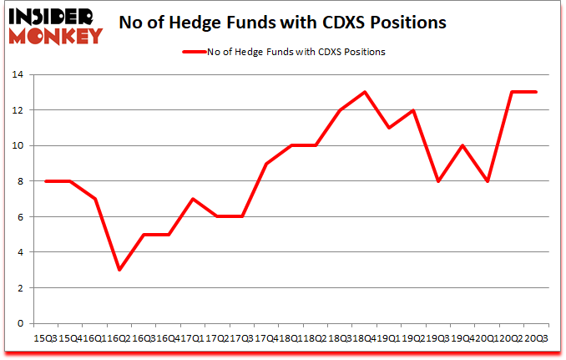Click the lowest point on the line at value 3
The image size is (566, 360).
(x=119, y=270)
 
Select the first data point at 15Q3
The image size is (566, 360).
(x=46, y=181)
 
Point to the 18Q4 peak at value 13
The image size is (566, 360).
(x=364, y=92)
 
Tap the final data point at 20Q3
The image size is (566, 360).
(x=535, y=92)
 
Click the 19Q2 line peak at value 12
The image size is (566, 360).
(x=412, y=110)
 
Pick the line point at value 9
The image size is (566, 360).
(x=266, y=163)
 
